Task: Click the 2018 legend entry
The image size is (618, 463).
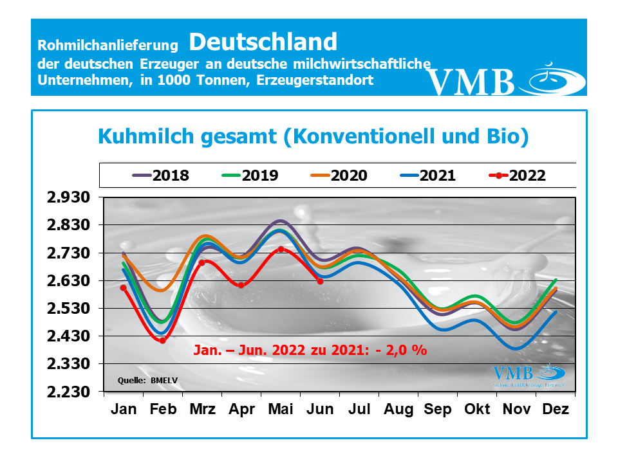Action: [161, 175]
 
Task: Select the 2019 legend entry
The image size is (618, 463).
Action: [250, 175]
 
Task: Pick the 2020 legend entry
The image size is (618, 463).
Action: [339, 175]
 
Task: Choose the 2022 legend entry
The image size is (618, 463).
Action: [518, 175]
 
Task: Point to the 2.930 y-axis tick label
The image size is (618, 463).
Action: [70, 197]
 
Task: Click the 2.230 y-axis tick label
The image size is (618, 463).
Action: [70, 392]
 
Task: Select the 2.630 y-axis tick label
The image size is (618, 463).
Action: [70, 281]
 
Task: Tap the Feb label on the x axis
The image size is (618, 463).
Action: [163, 410]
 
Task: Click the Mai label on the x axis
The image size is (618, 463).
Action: [281, 410]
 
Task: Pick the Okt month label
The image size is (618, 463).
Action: [476, 410]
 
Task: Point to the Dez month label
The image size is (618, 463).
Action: [555, 410]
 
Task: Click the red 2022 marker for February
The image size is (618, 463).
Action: [163, 340]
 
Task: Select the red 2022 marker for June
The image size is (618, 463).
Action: [320, 280]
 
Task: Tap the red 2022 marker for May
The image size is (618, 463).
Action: [281, 249]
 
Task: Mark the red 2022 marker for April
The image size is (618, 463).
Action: [241, 285]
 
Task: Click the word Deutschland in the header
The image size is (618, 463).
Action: [263, 42]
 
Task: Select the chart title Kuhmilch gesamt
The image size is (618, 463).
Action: [313, 136]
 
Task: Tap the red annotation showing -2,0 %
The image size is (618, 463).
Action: [310, 350]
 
